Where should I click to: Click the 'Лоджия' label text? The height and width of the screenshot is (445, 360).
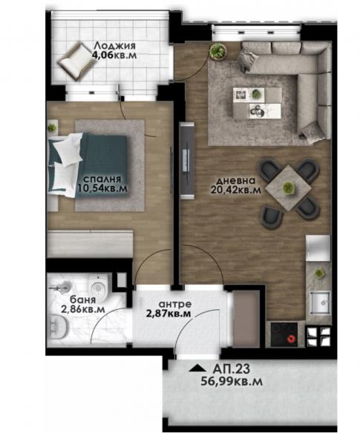114,45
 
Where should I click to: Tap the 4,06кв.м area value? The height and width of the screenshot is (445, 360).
114,55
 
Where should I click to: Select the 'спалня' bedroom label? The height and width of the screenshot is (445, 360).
102,179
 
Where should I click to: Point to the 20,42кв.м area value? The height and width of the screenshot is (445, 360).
235,190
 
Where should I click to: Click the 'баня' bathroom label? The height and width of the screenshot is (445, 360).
82,300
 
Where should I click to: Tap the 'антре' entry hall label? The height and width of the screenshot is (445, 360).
175,304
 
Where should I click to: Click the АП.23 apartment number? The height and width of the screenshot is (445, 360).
232,369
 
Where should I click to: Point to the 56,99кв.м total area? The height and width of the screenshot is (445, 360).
232,381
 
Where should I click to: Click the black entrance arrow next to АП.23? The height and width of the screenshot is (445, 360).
197,369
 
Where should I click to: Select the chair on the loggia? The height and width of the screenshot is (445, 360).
77,62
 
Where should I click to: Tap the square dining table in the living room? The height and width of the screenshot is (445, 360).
289,188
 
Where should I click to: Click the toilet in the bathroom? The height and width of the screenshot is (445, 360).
99,286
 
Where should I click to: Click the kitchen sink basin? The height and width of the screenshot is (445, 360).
320,303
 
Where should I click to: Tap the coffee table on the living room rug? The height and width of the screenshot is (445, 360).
257,103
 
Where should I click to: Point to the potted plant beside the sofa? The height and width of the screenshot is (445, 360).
217,51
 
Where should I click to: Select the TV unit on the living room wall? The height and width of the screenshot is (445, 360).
187,161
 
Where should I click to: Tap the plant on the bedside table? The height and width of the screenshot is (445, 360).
52,128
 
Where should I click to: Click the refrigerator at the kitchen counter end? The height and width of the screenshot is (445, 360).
318,248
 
